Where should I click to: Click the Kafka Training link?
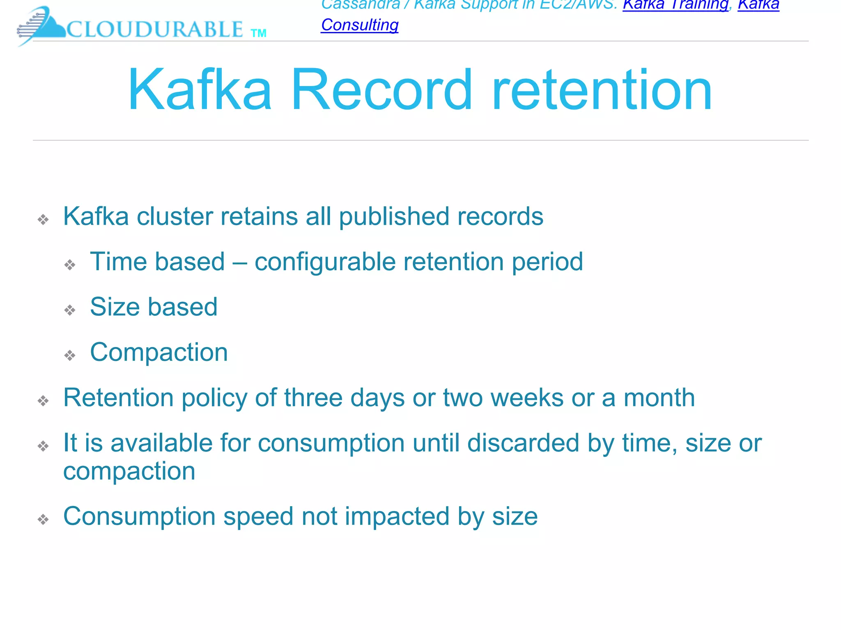pyautogui.click(x=675, y=5)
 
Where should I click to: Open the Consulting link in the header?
pyautogui.click(x=360, y=25)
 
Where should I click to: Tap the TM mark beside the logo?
pyautogui.click(x=259, y=33)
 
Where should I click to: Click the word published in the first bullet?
pyautogui.click(x=394, y=217)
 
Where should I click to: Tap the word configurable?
pyautogui.click(x=325, y=262)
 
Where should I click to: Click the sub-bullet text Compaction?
pyautogui.click(x=159, y=352)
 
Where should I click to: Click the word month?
pyautogui.click(x=659, y=397)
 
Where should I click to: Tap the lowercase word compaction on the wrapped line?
pyautogui.click(x=129, y=471)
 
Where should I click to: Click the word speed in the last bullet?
pyautogui.click(x=258, y=516)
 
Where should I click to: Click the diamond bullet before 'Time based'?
pyautogui.click(x=70, y=265)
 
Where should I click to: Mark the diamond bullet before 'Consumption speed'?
pyautogui.click(x=43, y=519)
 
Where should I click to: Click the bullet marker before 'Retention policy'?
pyautogui.click(x=43, y=400)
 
